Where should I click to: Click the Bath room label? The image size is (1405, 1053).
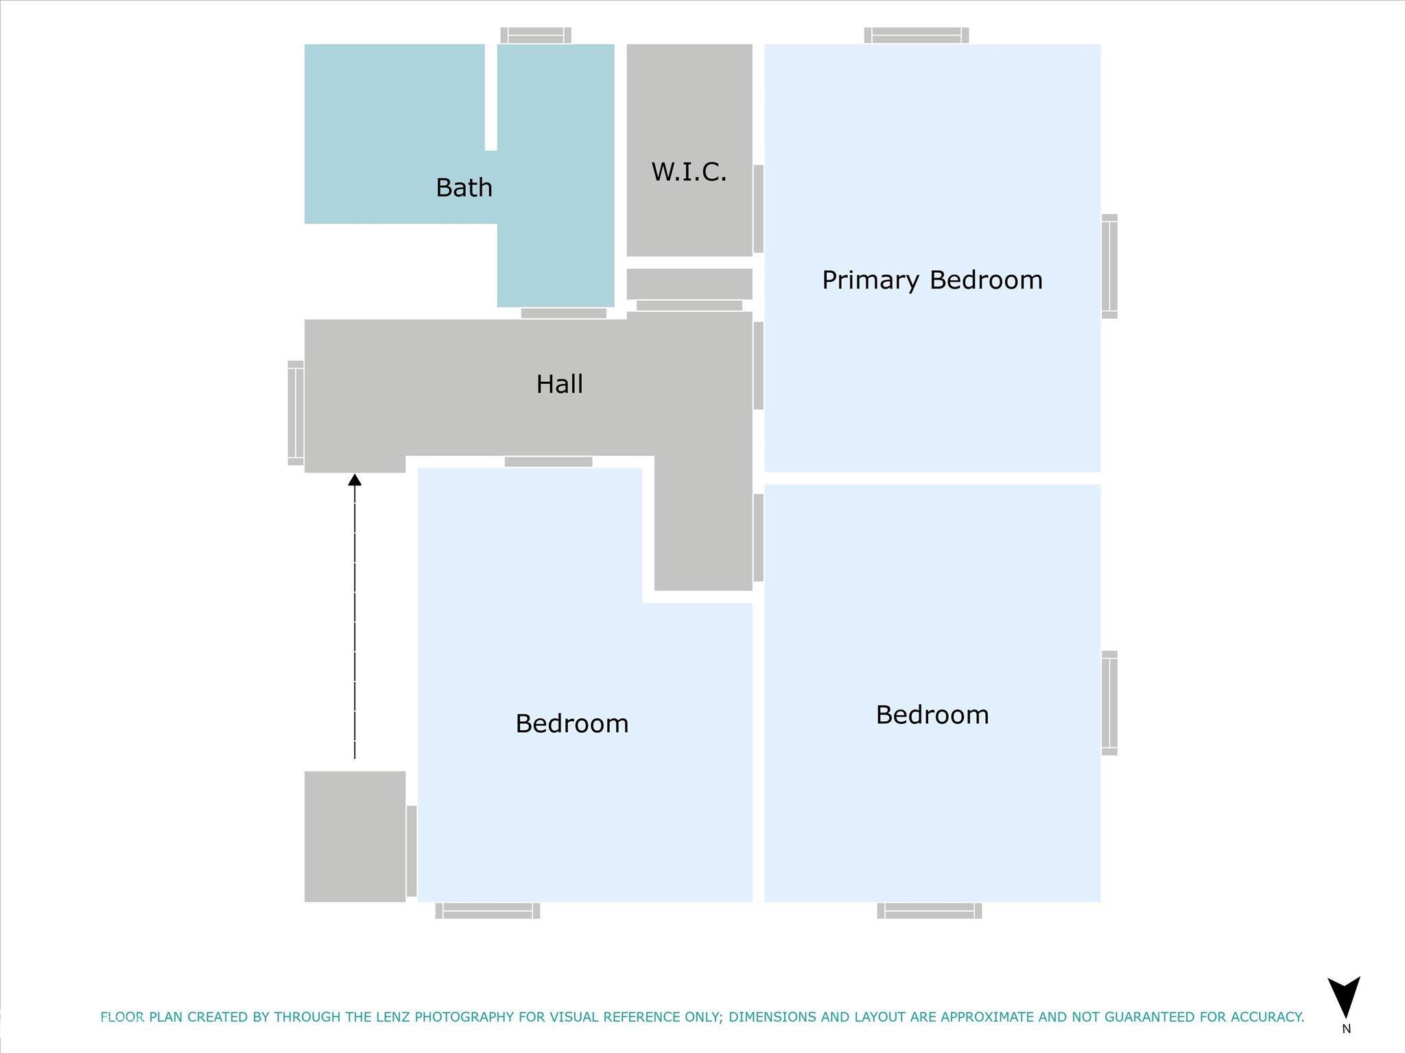(464, 187)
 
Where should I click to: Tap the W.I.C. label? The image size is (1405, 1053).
(689, 171)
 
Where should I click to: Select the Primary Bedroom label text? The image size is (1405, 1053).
(932, 280)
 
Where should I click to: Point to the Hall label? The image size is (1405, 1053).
(559, 384)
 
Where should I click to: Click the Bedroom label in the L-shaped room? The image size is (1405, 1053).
(571, 723)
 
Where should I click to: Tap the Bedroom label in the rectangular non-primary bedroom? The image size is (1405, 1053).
(932, 714)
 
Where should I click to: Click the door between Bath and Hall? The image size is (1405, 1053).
(563, 313)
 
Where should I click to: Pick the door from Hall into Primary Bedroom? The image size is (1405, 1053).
(758, 365)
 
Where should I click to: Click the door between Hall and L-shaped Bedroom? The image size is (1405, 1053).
(548, 462)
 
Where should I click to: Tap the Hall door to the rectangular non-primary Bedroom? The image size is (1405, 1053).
(758, 537)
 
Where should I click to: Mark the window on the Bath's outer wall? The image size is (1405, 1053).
(536, 35)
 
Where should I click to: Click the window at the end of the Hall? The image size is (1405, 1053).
(296, 413)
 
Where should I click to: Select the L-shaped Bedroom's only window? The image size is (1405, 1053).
(488, 910)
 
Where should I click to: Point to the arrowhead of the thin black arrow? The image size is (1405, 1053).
(355, 480)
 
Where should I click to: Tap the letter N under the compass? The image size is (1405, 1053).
(1346, 1029)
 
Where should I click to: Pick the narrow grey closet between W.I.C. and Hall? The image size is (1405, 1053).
(689, 284)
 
